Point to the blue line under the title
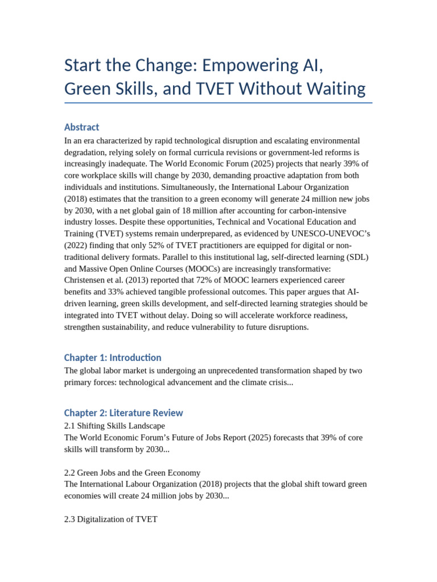[x=218, y=103]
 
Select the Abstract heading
[x=81, y=127]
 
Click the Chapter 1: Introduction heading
[x=113, y=357]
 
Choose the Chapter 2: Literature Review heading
[x=123, y=413]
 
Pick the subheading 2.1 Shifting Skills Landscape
[x=114, y=426]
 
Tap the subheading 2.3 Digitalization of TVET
[x=110, y=519]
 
